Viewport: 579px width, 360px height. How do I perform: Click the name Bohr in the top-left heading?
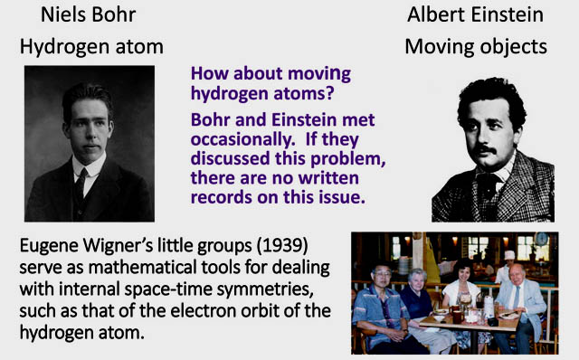(x=113, y=14)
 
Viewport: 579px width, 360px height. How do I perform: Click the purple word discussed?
(x=230, y=159)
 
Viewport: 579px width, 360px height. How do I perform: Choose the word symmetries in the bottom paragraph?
(x=265, y=289)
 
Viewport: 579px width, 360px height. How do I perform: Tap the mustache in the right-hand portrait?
(x=485, y=149)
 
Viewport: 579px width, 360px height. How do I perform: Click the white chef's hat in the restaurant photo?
(x=509, y=255)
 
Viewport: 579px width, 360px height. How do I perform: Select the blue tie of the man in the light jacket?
(x=517, y=298)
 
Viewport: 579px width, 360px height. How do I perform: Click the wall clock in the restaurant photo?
(x=541, y=239)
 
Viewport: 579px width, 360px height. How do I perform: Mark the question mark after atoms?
(x=329, y=92)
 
